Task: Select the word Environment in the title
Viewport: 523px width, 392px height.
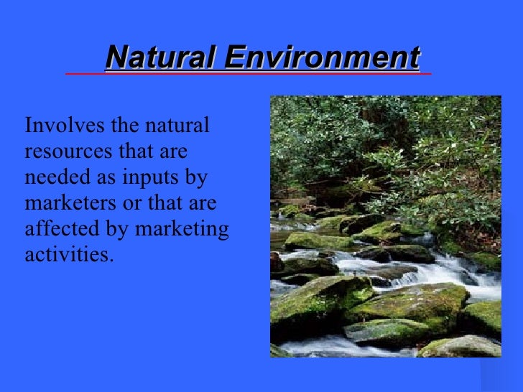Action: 321,57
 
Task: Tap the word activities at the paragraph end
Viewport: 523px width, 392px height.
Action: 69,255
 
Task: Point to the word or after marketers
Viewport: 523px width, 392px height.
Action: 132,205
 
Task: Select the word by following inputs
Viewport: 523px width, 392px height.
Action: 195,179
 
